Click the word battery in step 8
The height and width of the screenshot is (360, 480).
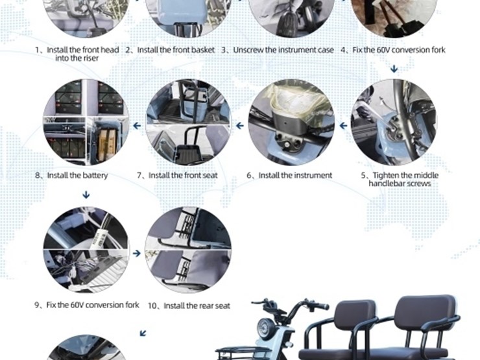click(95, 176)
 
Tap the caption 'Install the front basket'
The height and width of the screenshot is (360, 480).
click(176, 50)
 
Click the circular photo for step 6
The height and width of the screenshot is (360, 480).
click(291, 123)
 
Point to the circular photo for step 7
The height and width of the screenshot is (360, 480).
click(188, 123)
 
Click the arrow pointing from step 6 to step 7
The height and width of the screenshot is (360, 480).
click(240, 125)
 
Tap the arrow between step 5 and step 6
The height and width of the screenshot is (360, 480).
click(343, 125)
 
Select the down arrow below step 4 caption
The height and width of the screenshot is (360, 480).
click(394, 69)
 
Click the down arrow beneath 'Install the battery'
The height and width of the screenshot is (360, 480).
click(86, 195)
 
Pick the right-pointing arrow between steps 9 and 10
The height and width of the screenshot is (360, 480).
click(137, 253)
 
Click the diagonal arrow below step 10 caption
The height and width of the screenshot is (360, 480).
click(143, 333)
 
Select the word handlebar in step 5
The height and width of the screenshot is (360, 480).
click(387, 184)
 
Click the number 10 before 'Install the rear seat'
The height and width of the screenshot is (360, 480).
click(152, 306)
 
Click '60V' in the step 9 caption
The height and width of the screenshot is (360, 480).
click(77, 306)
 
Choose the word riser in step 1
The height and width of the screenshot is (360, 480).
click(91, 58)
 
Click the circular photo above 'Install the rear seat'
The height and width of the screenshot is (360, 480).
click(188, 250)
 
